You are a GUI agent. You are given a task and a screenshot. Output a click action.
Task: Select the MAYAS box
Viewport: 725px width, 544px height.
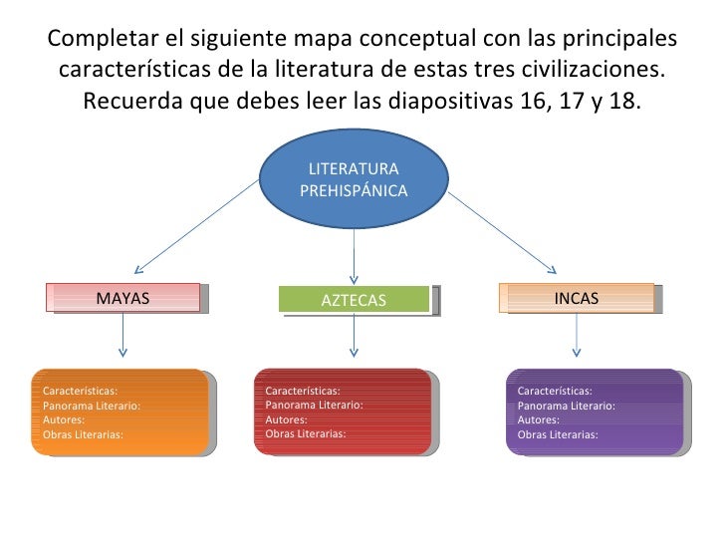point(122,297)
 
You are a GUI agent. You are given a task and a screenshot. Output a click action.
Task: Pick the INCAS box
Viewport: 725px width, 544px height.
point(577,298)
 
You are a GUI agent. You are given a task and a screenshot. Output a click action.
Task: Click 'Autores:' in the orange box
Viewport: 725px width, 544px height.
point(64,420)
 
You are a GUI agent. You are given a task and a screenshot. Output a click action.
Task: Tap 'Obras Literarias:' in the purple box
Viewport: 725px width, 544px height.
point(558,435)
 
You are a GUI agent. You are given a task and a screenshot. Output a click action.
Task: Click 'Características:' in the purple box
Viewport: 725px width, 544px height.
point(555,392)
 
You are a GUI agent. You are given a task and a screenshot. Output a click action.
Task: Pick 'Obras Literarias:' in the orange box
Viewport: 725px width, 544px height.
point(84,435)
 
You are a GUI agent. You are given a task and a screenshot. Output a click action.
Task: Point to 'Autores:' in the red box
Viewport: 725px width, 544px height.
point(287,420)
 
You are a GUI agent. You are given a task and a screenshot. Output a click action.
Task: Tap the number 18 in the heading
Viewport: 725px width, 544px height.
point(623,103)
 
